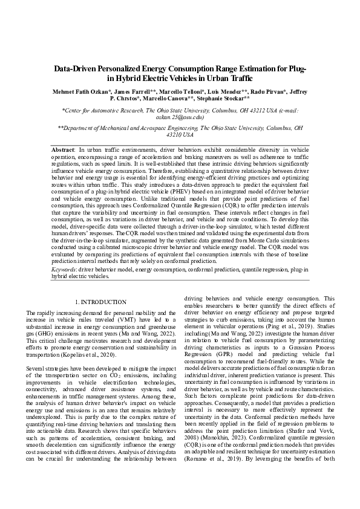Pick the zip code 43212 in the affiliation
(246, 111)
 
